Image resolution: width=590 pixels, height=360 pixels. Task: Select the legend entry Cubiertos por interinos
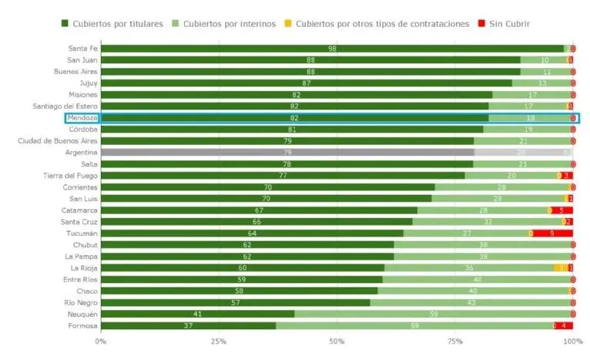click(x=226, y=24)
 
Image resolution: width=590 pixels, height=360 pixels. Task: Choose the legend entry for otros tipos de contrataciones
click(x=382, y=24)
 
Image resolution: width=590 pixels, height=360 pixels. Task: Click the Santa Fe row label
click(x=82, y=49)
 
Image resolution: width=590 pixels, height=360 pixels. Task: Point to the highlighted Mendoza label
click(x=82, y=118)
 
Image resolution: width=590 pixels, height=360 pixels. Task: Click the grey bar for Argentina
click(x=287, y=153)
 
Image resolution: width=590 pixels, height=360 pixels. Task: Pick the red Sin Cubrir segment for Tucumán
click(x=552, y=234)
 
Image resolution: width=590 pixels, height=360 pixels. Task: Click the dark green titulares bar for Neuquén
click(x=197, y=315)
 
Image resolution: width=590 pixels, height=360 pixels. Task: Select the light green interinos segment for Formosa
click(x=414, y=326)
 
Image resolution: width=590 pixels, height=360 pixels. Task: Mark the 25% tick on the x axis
click(x=219, y=341)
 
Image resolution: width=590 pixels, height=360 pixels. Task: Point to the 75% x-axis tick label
click(x=454, y=341)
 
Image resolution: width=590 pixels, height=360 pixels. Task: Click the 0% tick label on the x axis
click(x=101, y=341)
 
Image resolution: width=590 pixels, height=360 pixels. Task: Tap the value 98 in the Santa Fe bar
click(x=332, y=49)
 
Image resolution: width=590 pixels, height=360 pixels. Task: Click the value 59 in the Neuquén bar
click(x=434, y=315)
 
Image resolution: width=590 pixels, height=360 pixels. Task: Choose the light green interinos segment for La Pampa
click(x=483, y=257)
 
